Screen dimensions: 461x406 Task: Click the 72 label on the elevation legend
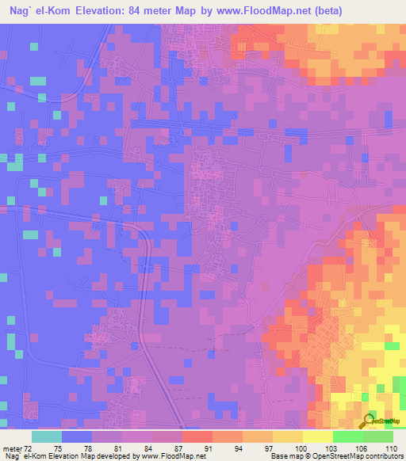31,448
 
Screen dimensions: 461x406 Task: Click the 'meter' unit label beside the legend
13,448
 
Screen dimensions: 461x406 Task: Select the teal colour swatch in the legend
47,436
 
